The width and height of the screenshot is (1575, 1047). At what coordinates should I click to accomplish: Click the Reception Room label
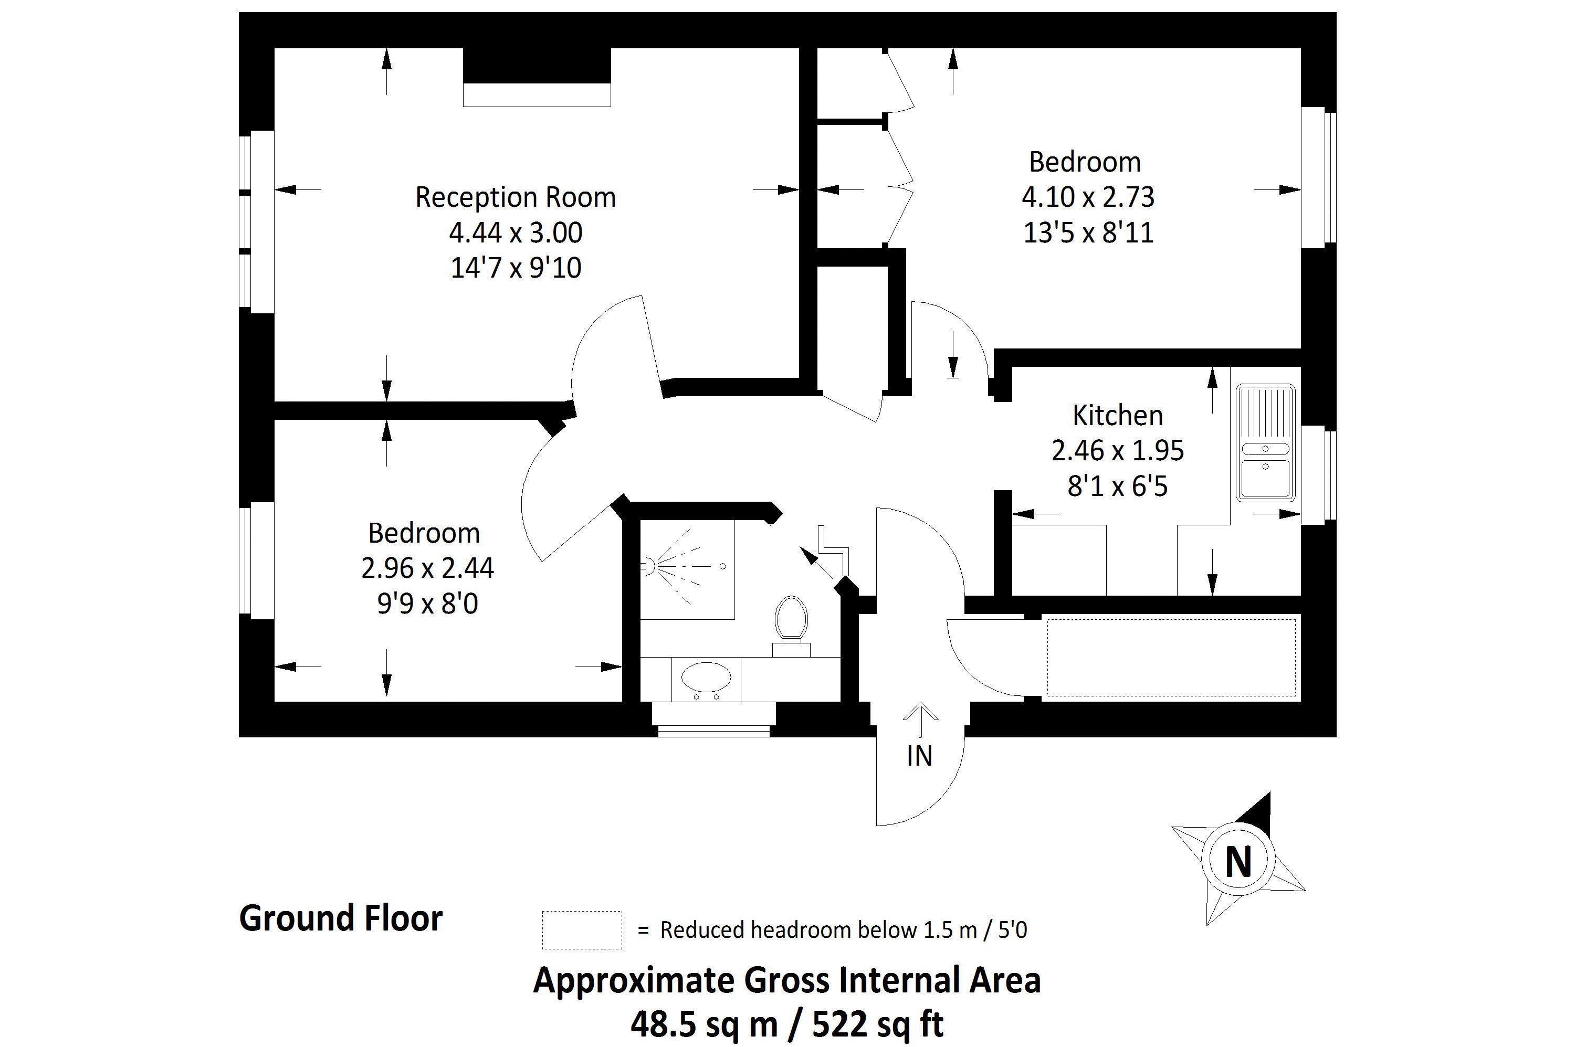coord(515,198)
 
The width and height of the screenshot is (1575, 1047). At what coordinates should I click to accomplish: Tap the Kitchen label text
coord(1117,415)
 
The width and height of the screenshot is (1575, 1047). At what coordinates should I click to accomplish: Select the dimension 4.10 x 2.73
coord(1087,197)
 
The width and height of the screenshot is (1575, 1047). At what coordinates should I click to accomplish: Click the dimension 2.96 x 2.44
coord(427,568)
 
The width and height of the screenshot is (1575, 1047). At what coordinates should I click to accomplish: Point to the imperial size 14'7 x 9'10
coord(516,268)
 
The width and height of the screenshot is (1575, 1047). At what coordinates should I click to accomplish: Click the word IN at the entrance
coord(919,756)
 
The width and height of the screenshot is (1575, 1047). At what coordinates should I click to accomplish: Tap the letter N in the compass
coord(1238,862)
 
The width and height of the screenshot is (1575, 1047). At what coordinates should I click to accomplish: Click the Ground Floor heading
coord(341,918)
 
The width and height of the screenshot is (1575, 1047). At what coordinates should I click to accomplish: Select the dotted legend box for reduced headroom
coord(581,929)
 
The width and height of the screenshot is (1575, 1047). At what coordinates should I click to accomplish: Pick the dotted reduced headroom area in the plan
coord(1171,657)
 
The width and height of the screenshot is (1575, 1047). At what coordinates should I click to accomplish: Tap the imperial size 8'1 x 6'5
coord(1117,486)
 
